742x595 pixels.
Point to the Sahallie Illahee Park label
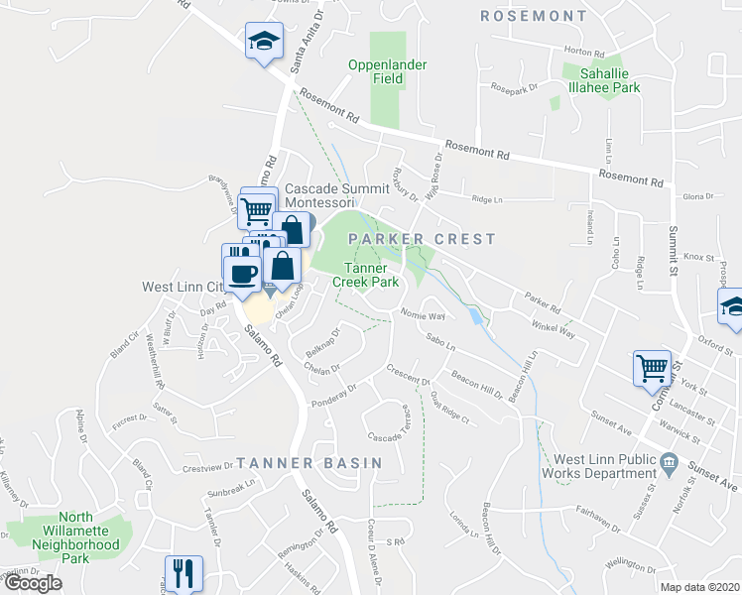click(601, 80)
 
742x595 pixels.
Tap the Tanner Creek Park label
click(371, 275)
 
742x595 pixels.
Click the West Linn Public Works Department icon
click(669, 462)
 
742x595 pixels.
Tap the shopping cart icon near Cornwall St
click(653, 368)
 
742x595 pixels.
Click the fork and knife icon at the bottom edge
click(184, 572)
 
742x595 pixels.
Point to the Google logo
click(33, 583)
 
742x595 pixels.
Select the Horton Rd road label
click(584, 52)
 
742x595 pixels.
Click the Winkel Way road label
click(554, 327)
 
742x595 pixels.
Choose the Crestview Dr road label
click(206, 468)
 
